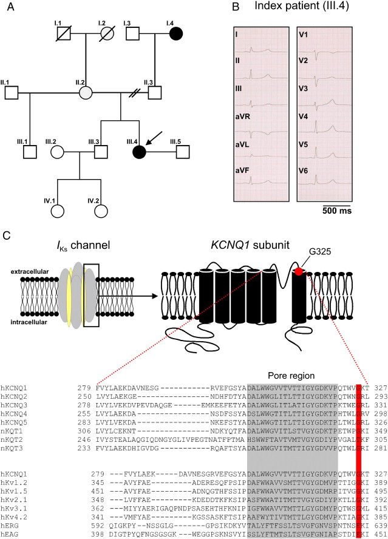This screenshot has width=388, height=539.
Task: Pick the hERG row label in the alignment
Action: tap(10, 525)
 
